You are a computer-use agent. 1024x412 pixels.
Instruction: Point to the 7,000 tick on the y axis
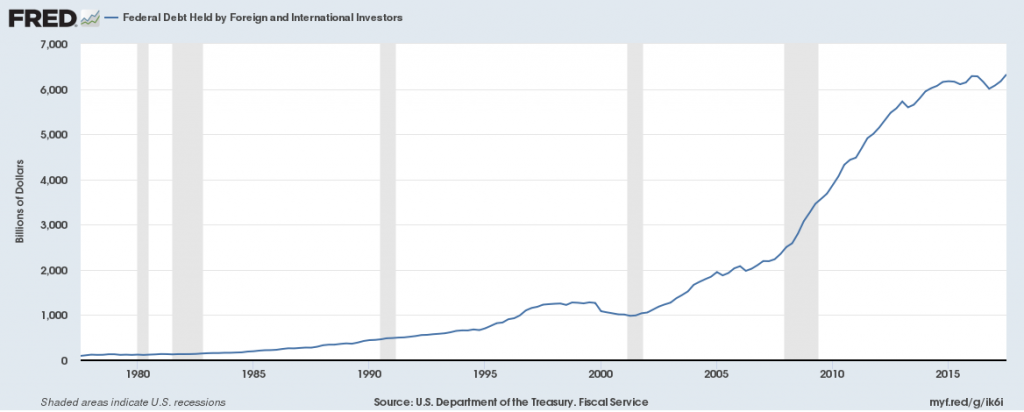[53, 45]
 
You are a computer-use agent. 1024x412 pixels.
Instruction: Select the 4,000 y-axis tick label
[53, 180]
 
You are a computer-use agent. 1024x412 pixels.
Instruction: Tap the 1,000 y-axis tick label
[53, 316]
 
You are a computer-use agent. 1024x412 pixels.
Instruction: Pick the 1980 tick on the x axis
[138, 372]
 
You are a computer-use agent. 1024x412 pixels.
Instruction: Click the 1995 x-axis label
[485, 372]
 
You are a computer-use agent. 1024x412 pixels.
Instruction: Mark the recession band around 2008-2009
[801, 200]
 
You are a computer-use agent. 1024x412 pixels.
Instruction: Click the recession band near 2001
[634, 200]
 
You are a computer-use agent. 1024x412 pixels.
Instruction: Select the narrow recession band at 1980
[142, 200]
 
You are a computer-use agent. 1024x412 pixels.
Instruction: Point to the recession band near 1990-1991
[388, 200]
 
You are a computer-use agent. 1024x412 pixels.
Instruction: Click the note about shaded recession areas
[132, 401]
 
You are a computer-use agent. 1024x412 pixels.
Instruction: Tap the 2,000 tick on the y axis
[53, 271]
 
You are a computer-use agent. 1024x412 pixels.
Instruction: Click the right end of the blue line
[1005, 75]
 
